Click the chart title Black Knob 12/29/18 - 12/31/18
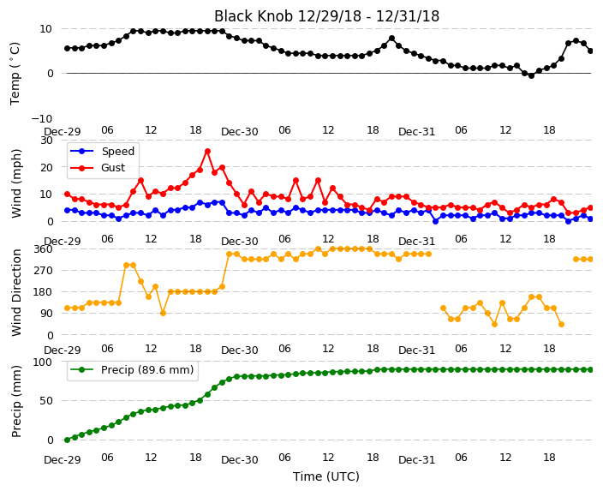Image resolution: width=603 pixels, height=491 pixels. point(326,16)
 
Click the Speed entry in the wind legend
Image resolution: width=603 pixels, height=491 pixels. point(103,151)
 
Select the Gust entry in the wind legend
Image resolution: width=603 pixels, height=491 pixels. point(98,168)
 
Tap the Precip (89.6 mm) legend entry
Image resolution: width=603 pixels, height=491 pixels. point(132,370)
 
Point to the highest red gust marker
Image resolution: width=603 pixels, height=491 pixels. point(207,151)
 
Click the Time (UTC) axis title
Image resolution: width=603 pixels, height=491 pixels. point(326,476)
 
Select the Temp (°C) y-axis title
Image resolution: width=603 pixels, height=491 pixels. point(15,74)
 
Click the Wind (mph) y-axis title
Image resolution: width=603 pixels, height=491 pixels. point(16,183)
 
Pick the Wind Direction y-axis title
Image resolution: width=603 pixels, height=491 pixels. point(16,292)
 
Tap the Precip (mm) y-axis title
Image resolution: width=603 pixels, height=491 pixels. point(16,401)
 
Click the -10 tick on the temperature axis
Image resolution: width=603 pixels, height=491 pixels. point(42,118)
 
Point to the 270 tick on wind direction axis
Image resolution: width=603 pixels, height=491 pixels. point(44,271)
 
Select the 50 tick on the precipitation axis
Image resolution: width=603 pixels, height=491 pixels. point(46,400)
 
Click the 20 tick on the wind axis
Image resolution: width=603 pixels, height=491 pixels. point(46,167)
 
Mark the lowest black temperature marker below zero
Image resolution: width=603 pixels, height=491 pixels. point(531,75)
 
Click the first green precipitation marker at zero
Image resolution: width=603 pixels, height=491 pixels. point(68,440)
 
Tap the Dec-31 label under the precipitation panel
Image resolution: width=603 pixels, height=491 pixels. point(416,460)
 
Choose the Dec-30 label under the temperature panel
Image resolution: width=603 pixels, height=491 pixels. point(239,132)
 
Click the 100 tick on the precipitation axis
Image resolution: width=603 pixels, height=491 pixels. point(44,362)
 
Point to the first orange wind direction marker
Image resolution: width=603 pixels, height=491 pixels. point(68,308)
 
